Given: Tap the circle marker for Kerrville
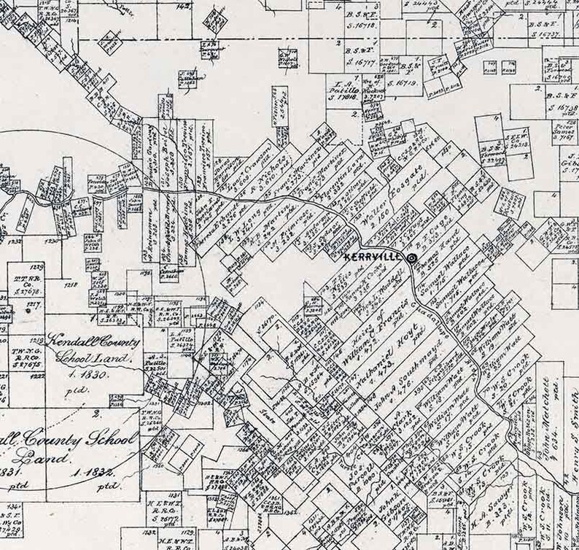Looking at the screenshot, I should click(411, 258).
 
